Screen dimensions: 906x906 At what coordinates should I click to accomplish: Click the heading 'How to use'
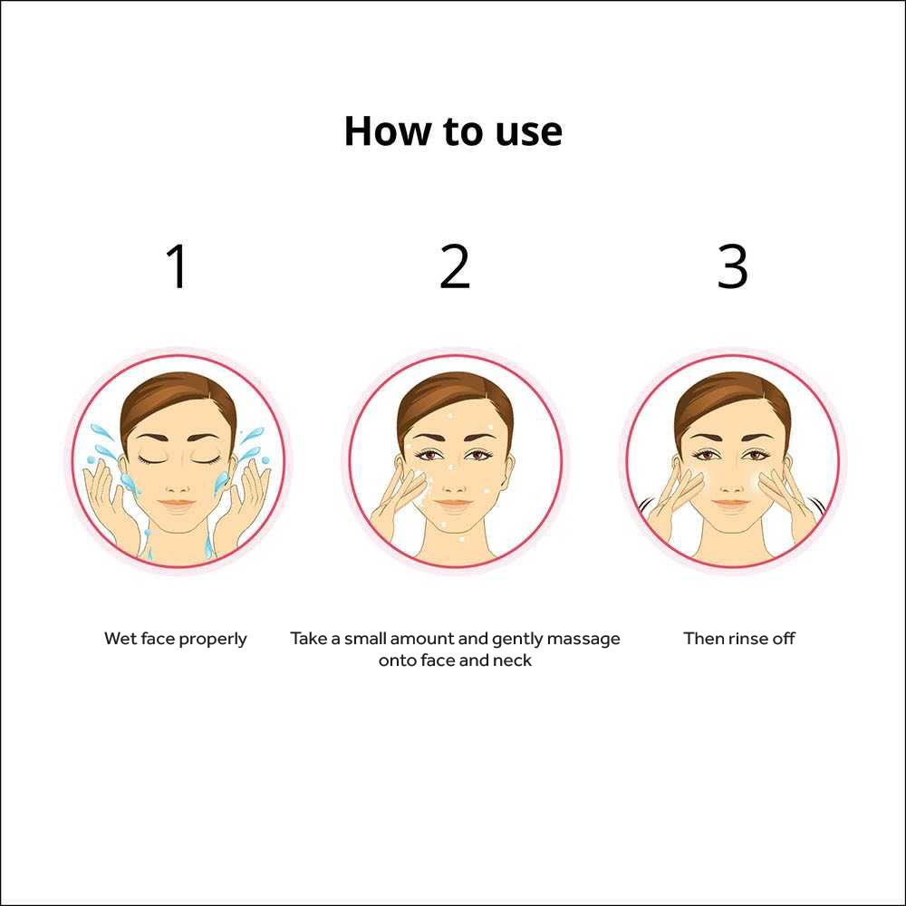point(453,131)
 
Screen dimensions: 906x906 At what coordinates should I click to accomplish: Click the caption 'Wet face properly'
point(176,639)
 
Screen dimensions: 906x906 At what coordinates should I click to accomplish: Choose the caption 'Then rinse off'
point(739,639)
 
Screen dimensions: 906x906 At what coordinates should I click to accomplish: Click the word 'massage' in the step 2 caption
point(583,639)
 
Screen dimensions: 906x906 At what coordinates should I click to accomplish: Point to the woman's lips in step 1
point(178,504)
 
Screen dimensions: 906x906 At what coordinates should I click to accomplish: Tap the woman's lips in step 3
point(731,504)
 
